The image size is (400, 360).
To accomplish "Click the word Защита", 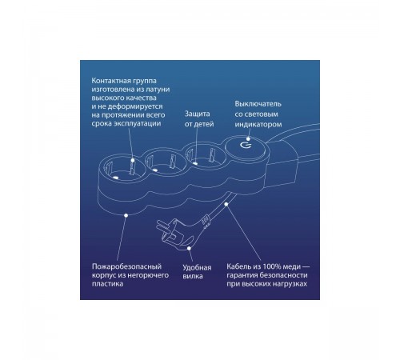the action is click(x=198, y=114).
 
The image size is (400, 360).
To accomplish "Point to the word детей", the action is click(x=204, y=124).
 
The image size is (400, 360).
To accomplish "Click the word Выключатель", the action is click(x=258, y=104).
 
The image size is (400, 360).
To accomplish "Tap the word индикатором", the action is click(x=258, y=124).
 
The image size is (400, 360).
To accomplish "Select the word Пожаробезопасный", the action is click(x=126, y=266).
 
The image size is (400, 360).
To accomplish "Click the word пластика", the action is click(x=107, y=283).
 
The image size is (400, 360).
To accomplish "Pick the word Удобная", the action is click(x=197, y=267).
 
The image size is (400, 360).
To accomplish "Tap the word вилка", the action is click(x=193, y=276).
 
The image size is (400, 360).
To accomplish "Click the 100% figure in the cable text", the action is click(x=273, y=266).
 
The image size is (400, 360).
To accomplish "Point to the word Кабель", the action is click(x=238, y=266).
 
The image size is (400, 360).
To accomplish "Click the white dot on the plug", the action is click(x=189, y=248).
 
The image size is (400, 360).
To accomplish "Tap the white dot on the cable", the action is click(x=226, y=204).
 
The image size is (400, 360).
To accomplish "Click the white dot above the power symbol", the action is click(x=248, y=138).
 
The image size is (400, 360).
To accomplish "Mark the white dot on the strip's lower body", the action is click(x=126, y=215).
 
